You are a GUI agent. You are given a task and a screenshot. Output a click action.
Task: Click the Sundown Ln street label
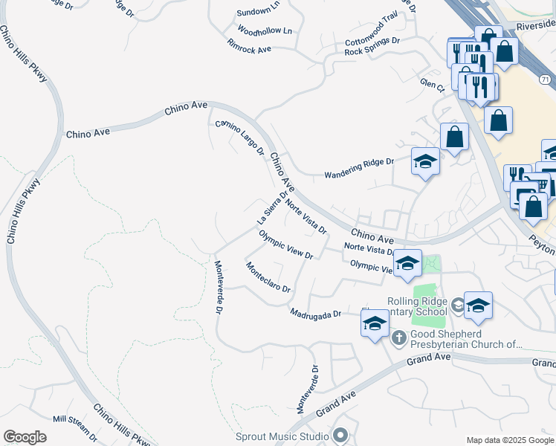tap(258, 13)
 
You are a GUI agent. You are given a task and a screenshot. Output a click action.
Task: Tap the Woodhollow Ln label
tap(265, 30)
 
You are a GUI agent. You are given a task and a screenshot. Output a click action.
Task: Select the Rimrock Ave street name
tap(249, 48)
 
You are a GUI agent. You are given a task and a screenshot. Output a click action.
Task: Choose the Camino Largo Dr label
tap(240, 138)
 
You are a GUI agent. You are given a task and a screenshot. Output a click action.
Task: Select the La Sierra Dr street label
tap(271, 207)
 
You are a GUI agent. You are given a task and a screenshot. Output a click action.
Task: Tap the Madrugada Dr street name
tap(315, 313)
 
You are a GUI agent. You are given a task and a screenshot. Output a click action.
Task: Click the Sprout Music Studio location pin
tap(340, 435)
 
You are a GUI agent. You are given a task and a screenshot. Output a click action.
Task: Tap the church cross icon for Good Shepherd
tap(398, 337)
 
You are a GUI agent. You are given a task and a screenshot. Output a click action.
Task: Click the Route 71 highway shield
tap(546, 79)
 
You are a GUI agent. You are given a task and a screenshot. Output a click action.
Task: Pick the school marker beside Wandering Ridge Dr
tap(425, 162)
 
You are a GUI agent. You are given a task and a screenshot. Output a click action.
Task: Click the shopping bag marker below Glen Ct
tap(454, 138)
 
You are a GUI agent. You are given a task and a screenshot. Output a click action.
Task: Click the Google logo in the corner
tap(25, 437)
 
